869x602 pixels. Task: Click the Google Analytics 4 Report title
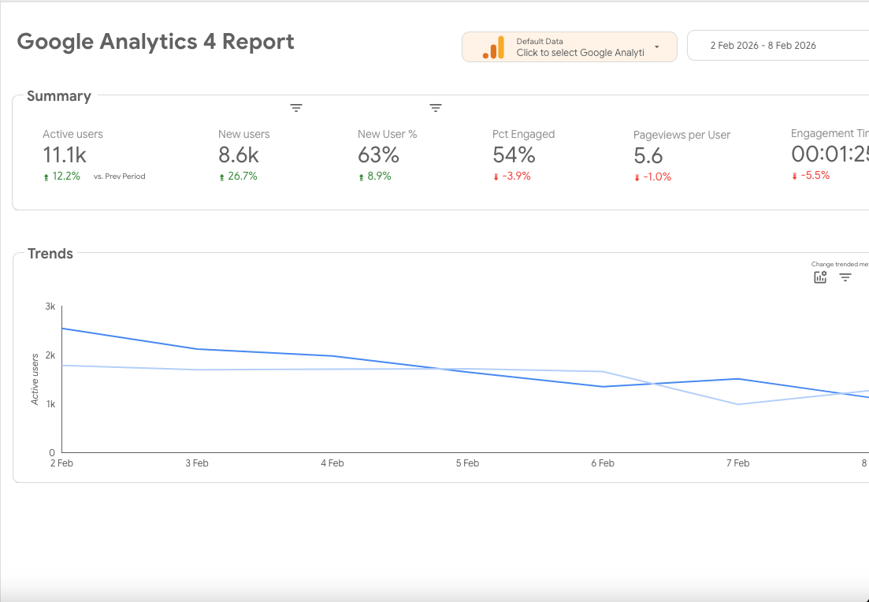[x=155, y=42]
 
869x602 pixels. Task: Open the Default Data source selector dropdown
[x=656, y=47]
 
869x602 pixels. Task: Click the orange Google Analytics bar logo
[x=493, y=47]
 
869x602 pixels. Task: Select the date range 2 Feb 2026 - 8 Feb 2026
[x=763, y=46]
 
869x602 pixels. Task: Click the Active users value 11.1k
[x=65, y=155]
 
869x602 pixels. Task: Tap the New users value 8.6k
[x=238, y=155]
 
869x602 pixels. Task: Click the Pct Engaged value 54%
[x=514, y=155]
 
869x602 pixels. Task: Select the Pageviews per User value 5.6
[x=648, y=156]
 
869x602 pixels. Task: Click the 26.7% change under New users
[x=242, y=177]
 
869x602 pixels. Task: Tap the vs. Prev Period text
[x=119, y=177]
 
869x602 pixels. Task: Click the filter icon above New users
[x=296, y=108]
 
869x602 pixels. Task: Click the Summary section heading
[x=59, y=96]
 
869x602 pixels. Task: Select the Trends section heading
[x=50, y=254]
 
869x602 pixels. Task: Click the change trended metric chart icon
[x=820, y=277]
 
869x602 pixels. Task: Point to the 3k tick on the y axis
[x=50, y=307]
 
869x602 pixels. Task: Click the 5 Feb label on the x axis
[x=467, y=463]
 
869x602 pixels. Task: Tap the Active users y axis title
[x=35, y=380]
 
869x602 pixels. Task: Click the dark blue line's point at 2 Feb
[x=62, y=329]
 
